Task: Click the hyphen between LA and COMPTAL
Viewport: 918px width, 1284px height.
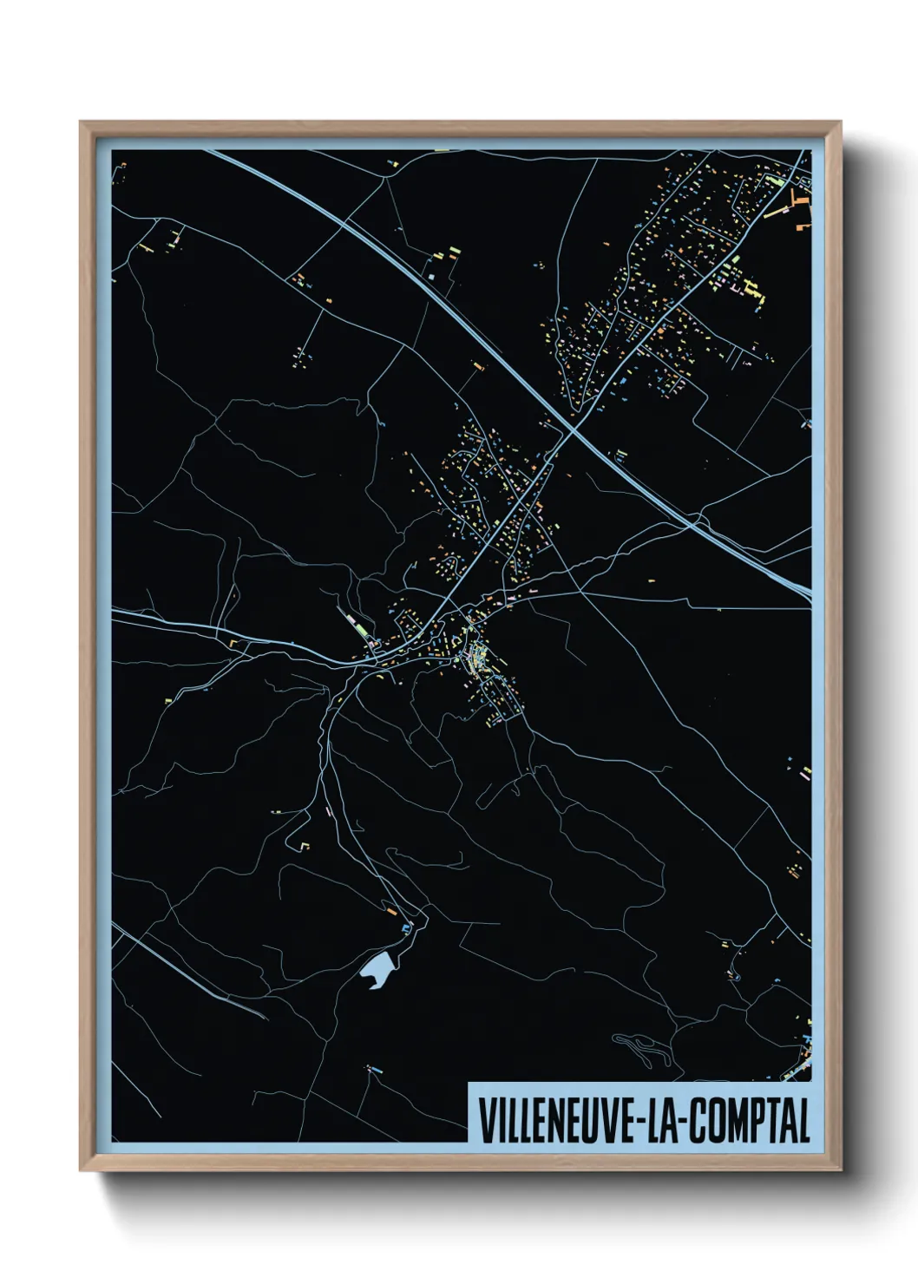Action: [x=692, y=1122]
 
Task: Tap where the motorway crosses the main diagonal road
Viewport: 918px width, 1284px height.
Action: [x=572, y=429]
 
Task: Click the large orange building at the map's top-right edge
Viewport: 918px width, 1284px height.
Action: [x=797, y=204]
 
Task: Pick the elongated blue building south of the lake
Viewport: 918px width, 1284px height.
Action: [x=375, y=1071]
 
